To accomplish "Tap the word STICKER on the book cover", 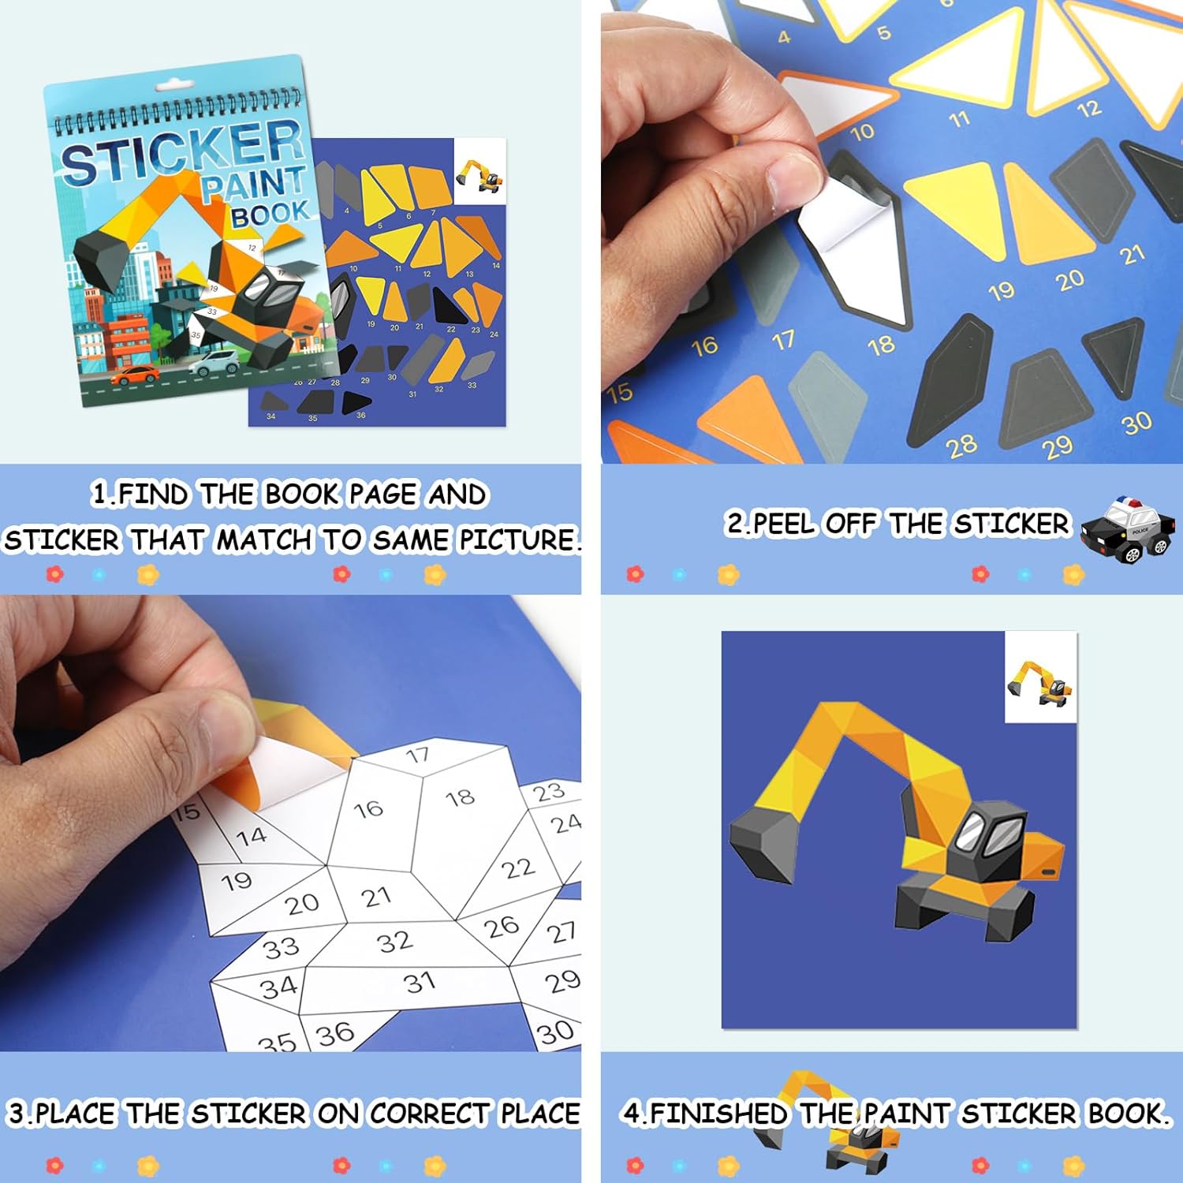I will pos(181,154).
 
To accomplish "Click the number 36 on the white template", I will pos(335,1033).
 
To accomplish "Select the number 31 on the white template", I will pos(420,983).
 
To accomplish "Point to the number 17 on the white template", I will pos(418,756).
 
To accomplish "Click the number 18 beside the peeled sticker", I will pos(881,345).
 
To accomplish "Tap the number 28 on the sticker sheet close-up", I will pos(962,446).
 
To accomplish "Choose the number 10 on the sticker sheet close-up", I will pos(862,132).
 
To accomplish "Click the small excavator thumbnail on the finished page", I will pos(1040,683).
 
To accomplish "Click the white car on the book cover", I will pos(215,363).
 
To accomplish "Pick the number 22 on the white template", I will pos(518,868).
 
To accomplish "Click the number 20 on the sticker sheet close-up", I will pos(1070,280).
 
